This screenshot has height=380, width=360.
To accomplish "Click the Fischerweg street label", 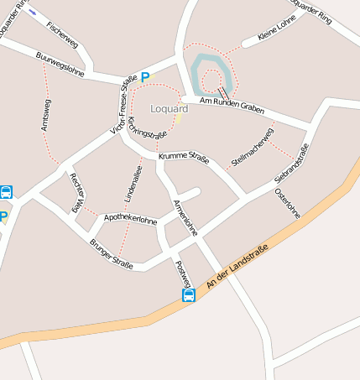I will point(63,32).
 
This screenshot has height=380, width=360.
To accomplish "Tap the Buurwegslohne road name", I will point(61,65).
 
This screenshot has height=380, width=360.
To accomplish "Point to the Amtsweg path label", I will point(45,113).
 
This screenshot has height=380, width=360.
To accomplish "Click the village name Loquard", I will point(170,109).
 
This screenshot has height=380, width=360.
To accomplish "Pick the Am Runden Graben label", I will point(232,105).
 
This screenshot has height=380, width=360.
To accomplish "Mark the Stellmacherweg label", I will point(253,146).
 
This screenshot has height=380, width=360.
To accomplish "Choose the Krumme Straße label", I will point(184,158).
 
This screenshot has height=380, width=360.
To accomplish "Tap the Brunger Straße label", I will point(111,255).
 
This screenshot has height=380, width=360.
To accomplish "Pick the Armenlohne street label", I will point(185,217).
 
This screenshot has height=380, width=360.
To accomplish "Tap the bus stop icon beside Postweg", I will point(190,295).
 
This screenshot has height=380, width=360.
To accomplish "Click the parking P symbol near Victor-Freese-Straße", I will point(145,77).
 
